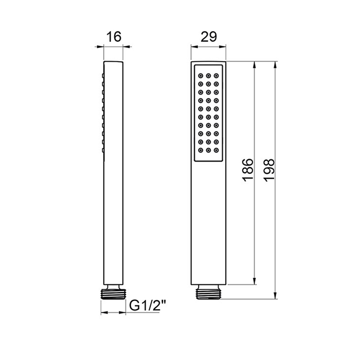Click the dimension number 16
114,37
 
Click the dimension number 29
209,37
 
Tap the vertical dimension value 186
248,170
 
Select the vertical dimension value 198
269,170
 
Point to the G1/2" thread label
148,305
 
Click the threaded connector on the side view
114,294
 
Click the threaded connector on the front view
208,294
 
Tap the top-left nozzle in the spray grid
201,76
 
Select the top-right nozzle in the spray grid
216,76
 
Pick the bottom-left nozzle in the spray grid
201,150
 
